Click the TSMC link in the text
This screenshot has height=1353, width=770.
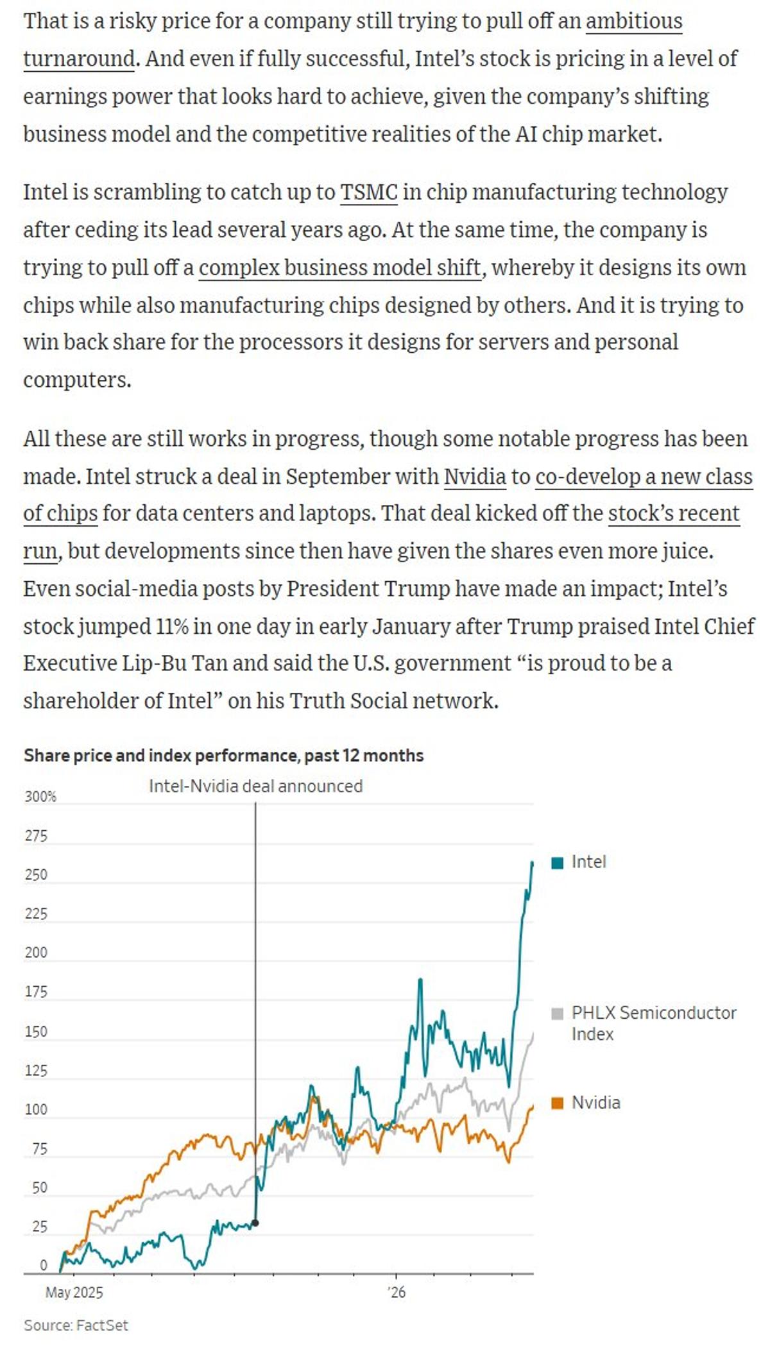click(x=368, y=192)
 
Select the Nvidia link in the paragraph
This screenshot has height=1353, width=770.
click(x=474, y=477)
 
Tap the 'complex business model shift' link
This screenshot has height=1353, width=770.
click(x=339, y=268)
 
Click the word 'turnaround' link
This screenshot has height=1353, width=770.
click(x=79, y=59)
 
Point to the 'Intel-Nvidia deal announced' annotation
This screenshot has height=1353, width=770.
click(x=255, y=786)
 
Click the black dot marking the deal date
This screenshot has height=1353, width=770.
click(x=255, y=1223)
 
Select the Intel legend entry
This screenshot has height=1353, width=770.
click(x=588, y=862)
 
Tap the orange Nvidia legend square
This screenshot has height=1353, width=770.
click(x=558, y=1103)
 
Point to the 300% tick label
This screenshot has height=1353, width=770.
click(x=40, y=797)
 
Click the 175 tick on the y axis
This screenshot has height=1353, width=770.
click(x=36, y=992)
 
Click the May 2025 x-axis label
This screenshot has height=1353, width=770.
click(x=74, y=1292)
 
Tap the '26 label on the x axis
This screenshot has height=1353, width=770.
click(x=397, y=1292)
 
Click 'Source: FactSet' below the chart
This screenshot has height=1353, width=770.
click(x=76, y=1325)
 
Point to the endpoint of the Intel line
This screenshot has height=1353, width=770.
click(x=533, y=863)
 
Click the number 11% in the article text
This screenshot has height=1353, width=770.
click(x=171, y=626)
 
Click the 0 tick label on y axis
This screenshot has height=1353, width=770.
click(x=44, y=1265)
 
